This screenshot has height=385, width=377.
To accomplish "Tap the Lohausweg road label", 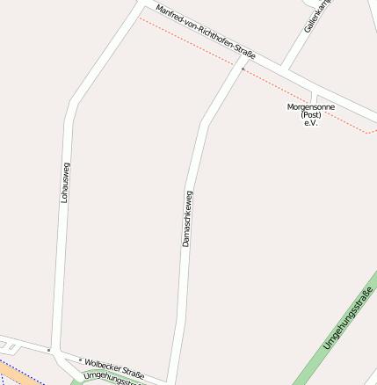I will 64,183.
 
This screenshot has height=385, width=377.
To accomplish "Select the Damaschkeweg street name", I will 186,218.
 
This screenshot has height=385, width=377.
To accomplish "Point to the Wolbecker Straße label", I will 114,366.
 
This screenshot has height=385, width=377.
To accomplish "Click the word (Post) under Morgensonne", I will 310,114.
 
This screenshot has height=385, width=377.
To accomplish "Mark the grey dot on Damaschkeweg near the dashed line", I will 243,68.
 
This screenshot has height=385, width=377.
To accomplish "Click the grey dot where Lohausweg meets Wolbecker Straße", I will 49,350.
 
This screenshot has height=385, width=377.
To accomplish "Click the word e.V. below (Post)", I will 310,123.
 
